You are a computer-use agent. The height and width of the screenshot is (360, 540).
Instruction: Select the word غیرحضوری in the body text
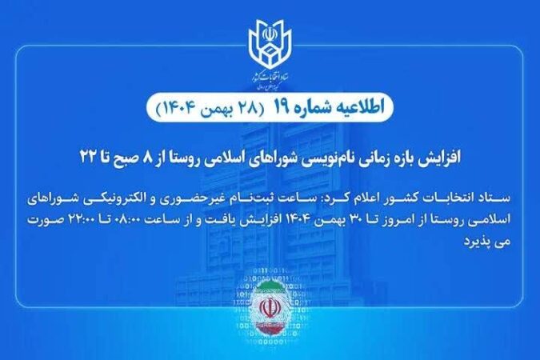[x=232, y=195]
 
